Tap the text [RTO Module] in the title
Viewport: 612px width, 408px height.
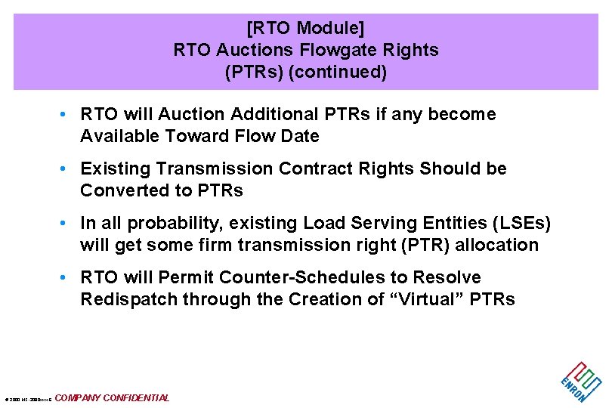305,29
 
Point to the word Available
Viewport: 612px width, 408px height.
119,137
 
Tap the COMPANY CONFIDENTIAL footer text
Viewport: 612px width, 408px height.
113,398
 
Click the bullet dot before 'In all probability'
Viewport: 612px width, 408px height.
67,224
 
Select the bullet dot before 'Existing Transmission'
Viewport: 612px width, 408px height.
67,168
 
